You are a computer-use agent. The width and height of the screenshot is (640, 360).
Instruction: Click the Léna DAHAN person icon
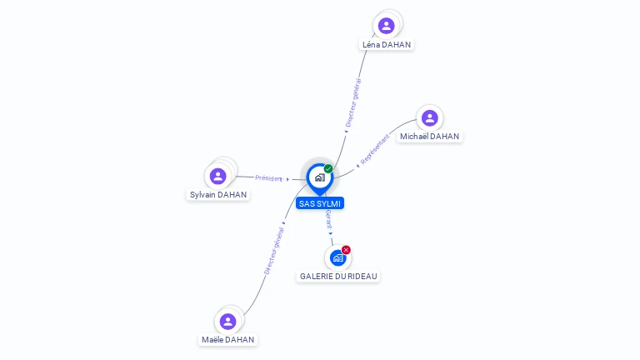point(387,26)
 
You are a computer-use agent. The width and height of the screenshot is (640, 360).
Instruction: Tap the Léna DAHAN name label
point(387,44)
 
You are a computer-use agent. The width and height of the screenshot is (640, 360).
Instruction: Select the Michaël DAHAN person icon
point(429,118)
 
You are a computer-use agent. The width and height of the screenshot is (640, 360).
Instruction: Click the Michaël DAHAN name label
point(429,137)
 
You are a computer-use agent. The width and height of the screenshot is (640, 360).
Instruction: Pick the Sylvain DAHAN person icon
point(218,176)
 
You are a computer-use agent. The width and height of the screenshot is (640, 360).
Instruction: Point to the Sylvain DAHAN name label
point(218,195)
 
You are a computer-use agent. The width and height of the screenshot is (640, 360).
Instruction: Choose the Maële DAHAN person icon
point(227,322)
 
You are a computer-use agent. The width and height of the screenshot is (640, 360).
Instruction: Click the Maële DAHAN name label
point(228,340)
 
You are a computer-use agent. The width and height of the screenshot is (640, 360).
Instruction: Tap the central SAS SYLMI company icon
point(319,177)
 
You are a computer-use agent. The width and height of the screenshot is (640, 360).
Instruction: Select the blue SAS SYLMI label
point(320,203)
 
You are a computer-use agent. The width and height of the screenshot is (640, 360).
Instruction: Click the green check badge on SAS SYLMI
point(328,169)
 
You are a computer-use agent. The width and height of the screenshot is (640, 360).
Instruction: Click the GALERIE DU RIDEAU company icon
point(337,257)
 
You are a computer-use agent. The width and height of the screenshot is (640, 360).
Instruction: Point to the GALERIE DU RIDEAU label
point(338,276)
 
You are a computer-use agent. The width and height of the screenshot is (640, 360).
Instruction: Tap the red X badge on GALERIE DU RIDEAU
point(346,250)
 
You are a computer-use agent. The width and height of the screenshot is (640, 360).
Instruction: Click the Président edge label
point(269,178)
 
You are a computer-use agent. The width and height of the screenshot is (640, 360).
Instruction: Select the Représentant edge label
point(375,148)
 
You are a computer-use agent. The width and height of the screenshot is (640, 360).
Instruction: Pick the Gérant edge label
point(328,219)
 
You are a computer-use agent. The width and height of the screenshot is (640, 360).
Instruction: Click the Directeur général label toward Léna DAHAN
point(353,102)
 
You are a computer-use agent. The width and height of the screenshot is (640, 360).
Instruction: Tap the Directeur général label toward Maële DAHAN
point(274,251)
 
